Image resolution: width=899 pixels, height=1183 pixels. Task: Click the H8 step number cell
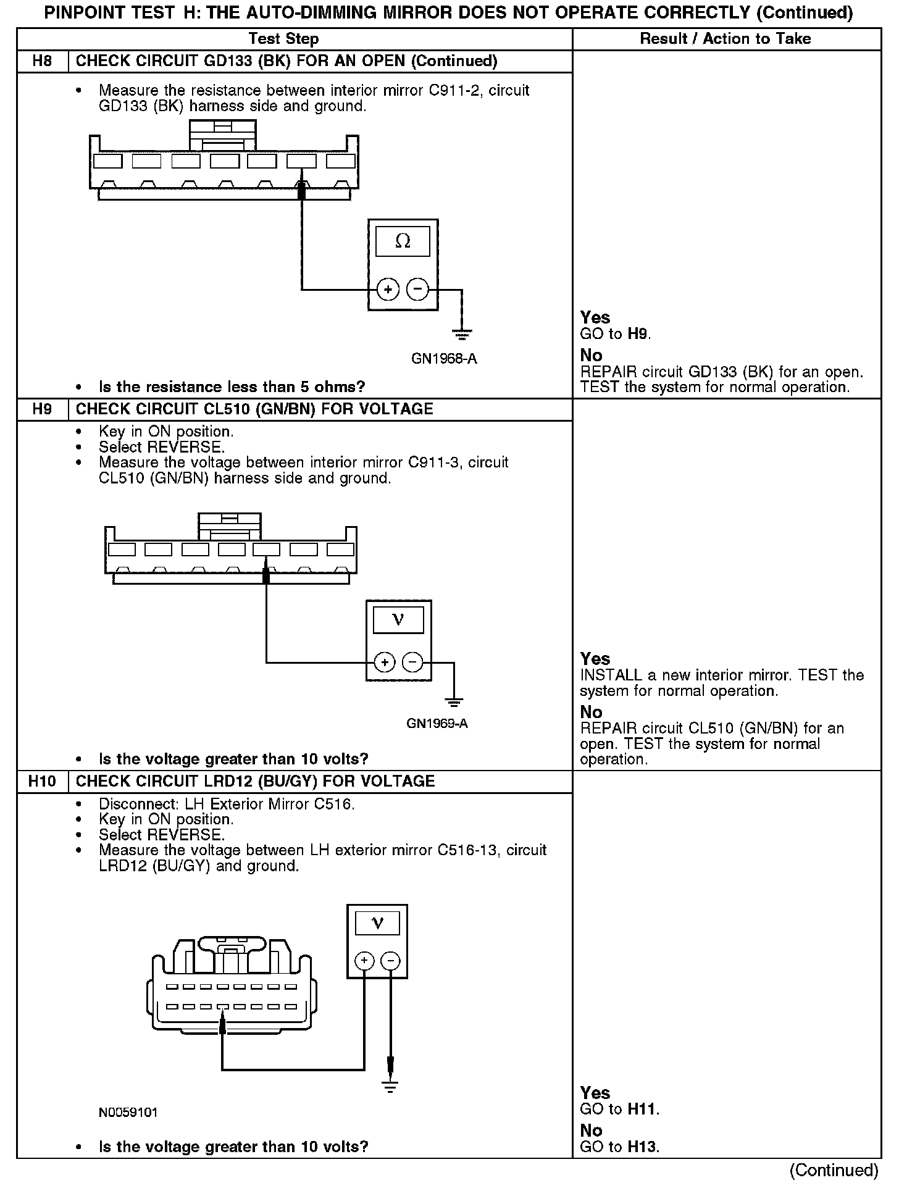point(42,61)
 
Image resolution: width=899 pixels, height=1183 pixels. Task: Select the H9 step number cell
point(42,409)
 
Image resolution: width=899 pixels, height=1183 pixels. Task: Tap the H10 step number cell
point(42,782)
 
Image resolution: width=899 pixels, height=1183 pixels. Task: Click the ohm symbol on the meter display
point(403,241)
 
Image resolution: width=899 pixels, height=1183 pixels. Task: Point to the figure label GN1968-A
point(444,359)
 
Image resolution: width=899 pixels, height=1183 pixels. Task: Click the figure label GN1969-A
point(437,724)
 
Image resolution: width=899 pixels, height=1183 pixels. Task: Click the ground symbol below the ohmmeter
point(461,335)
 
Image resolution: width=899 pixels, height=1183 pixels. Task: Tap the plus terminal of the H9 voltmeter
point(384,663)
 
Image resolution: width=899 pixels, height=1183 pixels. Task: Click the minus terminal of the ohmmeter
point(418,289)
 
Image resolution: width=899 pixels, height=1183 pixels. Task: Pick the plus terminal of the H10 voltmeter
point(364,961)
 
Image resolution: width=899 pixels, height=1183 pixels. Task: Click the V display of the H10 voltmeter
point(377,924)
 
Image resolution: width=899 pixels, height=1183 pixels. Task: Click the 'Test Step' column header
point(283,39)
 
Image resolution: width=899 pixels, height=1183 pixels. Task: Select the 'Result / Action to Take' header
point(725,39)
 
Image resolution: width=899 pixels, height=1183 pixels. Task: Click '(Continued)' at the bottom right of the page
point(834,1170)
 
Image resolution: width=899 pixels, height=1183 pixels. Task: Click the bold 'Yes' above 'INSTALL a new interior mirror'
point(595,659)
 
